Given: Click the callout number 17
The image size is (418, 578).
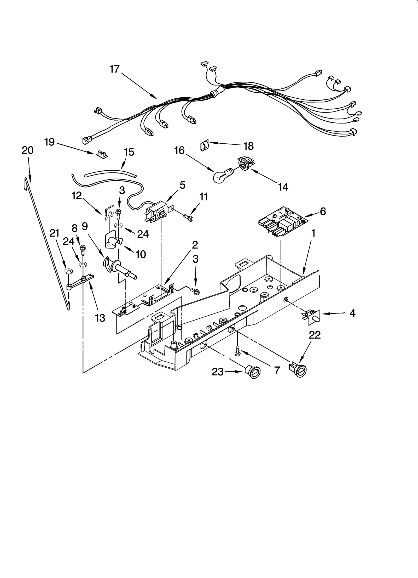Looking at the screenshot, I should [114, 69].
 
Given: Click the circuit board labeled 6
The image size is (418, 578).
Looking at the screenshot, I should [282, 221].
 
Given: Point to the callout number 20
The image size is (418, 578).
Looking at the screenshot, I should [28, 150].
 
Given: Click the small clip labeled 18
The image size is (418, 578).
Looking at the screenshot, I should [205, 145].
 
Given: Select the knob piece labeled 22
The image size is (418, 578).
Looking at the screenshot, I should [298, 369].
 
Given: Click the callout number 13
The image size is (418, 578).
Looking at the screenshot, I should [100, 318].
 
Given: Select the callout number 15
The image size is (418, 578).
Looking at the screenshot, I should [129, 152].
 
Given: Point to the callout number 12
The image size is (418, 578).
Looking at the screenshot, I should [77, 195].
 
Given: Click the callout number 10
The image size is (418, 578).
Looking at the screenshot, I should [141, 254].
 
